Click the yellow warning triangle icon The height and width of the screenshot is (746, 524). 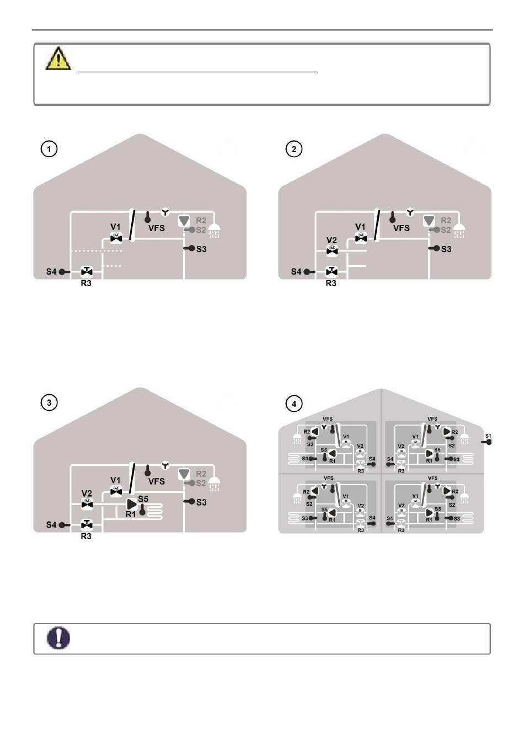[x=58, y=58]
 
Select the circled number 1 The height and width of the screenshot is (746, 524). [x=49, y=149]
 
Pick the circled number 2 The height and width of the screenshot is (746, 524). [x=294, y=149]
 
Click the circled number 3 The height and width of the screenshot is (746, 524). [x=49, y=403]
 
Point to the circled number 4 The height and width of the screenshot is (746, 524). [x=294, y=404]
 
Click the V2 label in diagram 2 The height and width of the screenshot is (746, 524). [x=331, y=240]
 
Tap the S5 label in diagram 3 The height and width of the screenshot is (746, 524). [x=143, y=499]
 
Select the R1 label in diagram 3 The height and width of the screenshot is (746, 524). [x=131, y=514]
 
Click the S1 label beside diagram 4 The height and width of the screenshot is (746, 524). [x=488, y=436]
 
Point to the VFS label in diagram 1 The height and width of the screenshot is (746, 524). [x=157, y=228]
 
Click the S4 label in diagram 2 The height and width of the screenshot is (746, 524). [x=296, y=271]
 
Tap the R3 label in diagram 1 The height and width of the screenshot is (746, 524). [x=86, y=283]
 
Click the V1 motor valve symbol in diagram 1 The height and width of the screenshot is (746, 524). [x=116, y=238]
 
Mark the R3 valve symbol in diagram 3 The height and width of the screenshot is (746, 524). [x=87, y=524]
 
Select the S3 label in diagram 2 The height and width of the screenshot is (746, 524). [x=446, y=249]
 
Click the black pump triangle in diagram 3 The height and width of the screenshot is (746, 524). [x=131, y=504]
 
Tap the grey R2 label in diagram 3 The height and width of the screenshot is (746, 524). [x=201, y=474]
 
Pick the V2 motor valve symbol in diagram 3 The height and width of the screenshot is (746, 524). [x=87, y=503]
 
